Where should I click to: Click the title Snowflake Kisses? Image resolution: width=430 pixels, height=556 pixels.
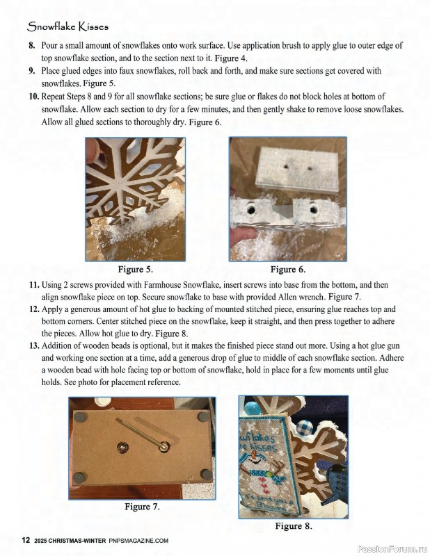(67, 26)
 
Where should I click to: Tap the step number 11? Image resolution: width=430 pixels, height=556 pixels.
(33, 286)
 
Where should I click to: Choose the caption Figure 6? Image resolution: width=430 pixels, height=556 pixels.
(287, 269)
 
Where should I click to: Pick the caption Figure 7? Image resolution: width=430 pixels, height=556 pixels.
(142, 507)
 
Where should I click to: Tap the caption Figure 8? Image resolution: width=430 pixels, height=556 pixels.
(293, 526)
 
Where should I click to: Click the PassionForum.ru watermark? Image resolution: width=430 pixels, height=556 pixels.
(390, 548)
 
